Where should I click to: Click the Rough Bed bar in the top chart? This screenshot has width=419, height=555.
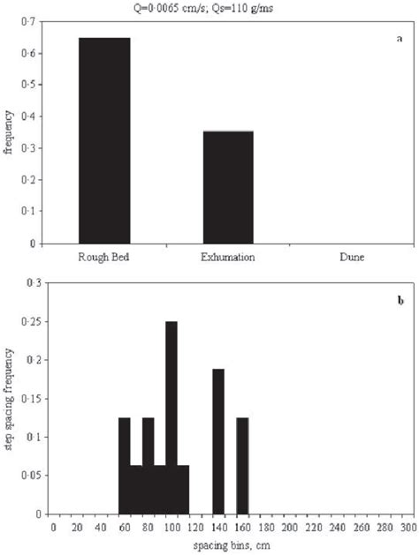click(x=104, y=140)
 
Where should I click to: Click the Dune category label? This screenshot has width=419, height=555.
click(x=352, y=257)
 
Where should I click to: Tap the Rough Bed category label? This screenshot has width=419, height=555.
click(x=104, y=257)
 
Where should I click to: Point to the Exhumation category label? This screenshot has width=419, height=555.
click(x=228, y=257)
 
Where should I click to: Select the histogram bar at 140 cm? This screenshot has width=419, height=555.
click(x=218, y=441)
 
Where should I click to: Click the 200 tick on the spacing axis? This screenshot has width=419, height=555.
click(x=289, y=527)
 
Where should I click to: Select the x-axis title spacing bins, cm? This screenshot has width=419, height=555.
click(x=230, y=543)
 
